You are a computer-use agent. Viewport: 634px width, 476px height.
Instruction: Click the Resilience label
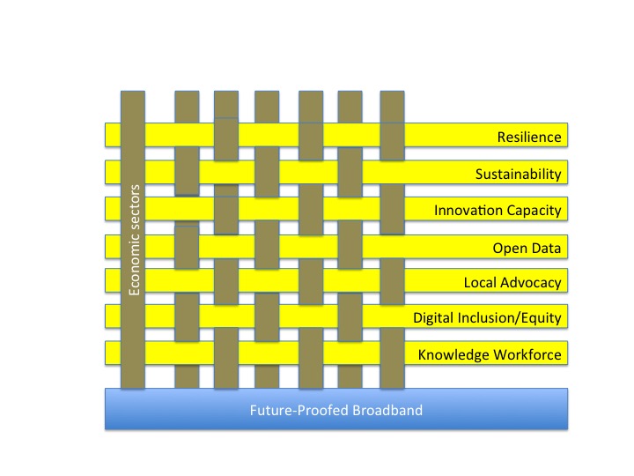click(529, 137)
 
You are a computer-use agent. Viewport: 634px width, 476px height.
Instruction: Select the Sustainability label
click(518, 174)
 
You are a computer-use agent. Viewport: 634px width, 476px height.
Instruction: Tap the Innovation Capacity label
click(498, 211)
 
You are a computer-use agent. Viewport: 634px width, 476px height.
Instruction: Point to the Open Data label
click(527, 248)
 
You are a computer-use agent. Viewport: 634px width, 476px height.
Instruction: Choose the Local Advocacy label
click(512, 283)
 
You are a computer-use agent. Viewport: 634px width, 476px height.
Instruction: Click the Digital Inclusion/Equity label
click(487, 317)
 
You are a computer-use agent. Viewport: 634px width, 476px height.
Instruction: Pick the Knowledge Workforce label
click(489, 354)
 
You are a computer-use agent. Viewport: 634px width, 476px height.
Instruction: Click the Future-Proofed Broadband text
click(335, 410)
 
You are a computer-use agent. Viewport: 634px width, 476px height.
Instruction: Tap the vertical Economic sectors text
click(135, 239)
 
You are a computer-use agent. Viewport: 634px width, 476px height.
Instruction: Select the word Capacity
click(532, 211)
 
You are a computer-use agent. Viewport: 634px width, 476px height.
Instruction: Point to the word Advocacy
click(529, 283)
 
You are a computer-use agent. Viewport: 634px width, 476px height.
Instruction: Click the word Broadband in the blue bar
click(386, 410)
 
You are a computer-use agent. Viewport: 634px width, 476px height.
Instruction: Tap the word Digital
click(432, 317)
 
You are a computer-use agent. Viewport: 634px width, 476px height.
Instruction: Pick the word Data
click(545, 248)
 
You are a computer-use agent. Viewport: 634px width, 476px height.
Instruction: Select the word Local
click(479, 283)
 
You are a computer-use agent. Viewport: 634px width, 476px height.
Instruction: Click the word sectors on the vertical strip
click(135, 208)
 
